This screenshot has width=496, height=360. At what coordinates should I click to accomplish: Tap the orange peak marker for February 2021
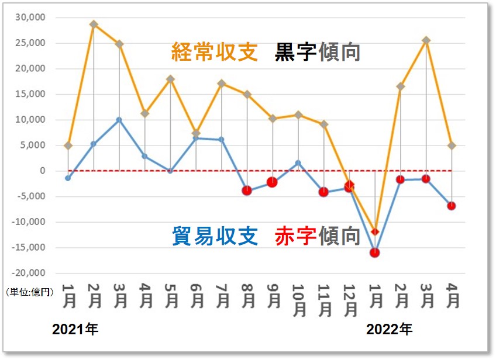tap(94, 25)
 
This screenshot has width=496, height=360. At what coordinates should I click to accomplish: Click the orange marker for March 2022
tap(426, 40)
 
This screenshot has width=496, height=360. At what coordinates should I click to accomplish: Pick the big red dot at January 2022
tap(374, 252)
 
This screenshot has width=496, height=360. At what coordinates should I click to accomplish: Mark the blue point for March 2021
tap(119, 120)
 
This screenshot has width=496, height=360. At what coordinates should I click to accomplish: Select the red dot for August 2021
tap(247, 191)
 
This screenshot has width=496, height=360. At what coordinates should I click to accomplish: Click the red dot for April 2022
tap(452, 206)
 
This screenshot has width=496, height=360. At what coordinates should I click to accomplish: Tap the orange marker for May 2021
tap(170, 79)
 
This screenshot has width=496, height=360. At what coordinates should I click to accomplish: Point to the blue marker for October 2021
tap(298, 163)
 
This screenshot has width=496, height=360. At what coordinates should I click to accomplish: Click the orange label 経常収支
tap(215, 53)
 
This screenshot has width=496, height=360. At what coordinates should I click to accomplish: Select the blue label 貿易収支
tap(215, 236)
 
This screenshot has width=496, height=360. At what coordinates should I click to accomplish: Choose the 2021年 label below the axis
tap(75, 330)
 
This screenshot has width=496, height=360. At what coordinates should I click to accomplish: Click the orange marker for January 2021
tap(68, 145)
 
